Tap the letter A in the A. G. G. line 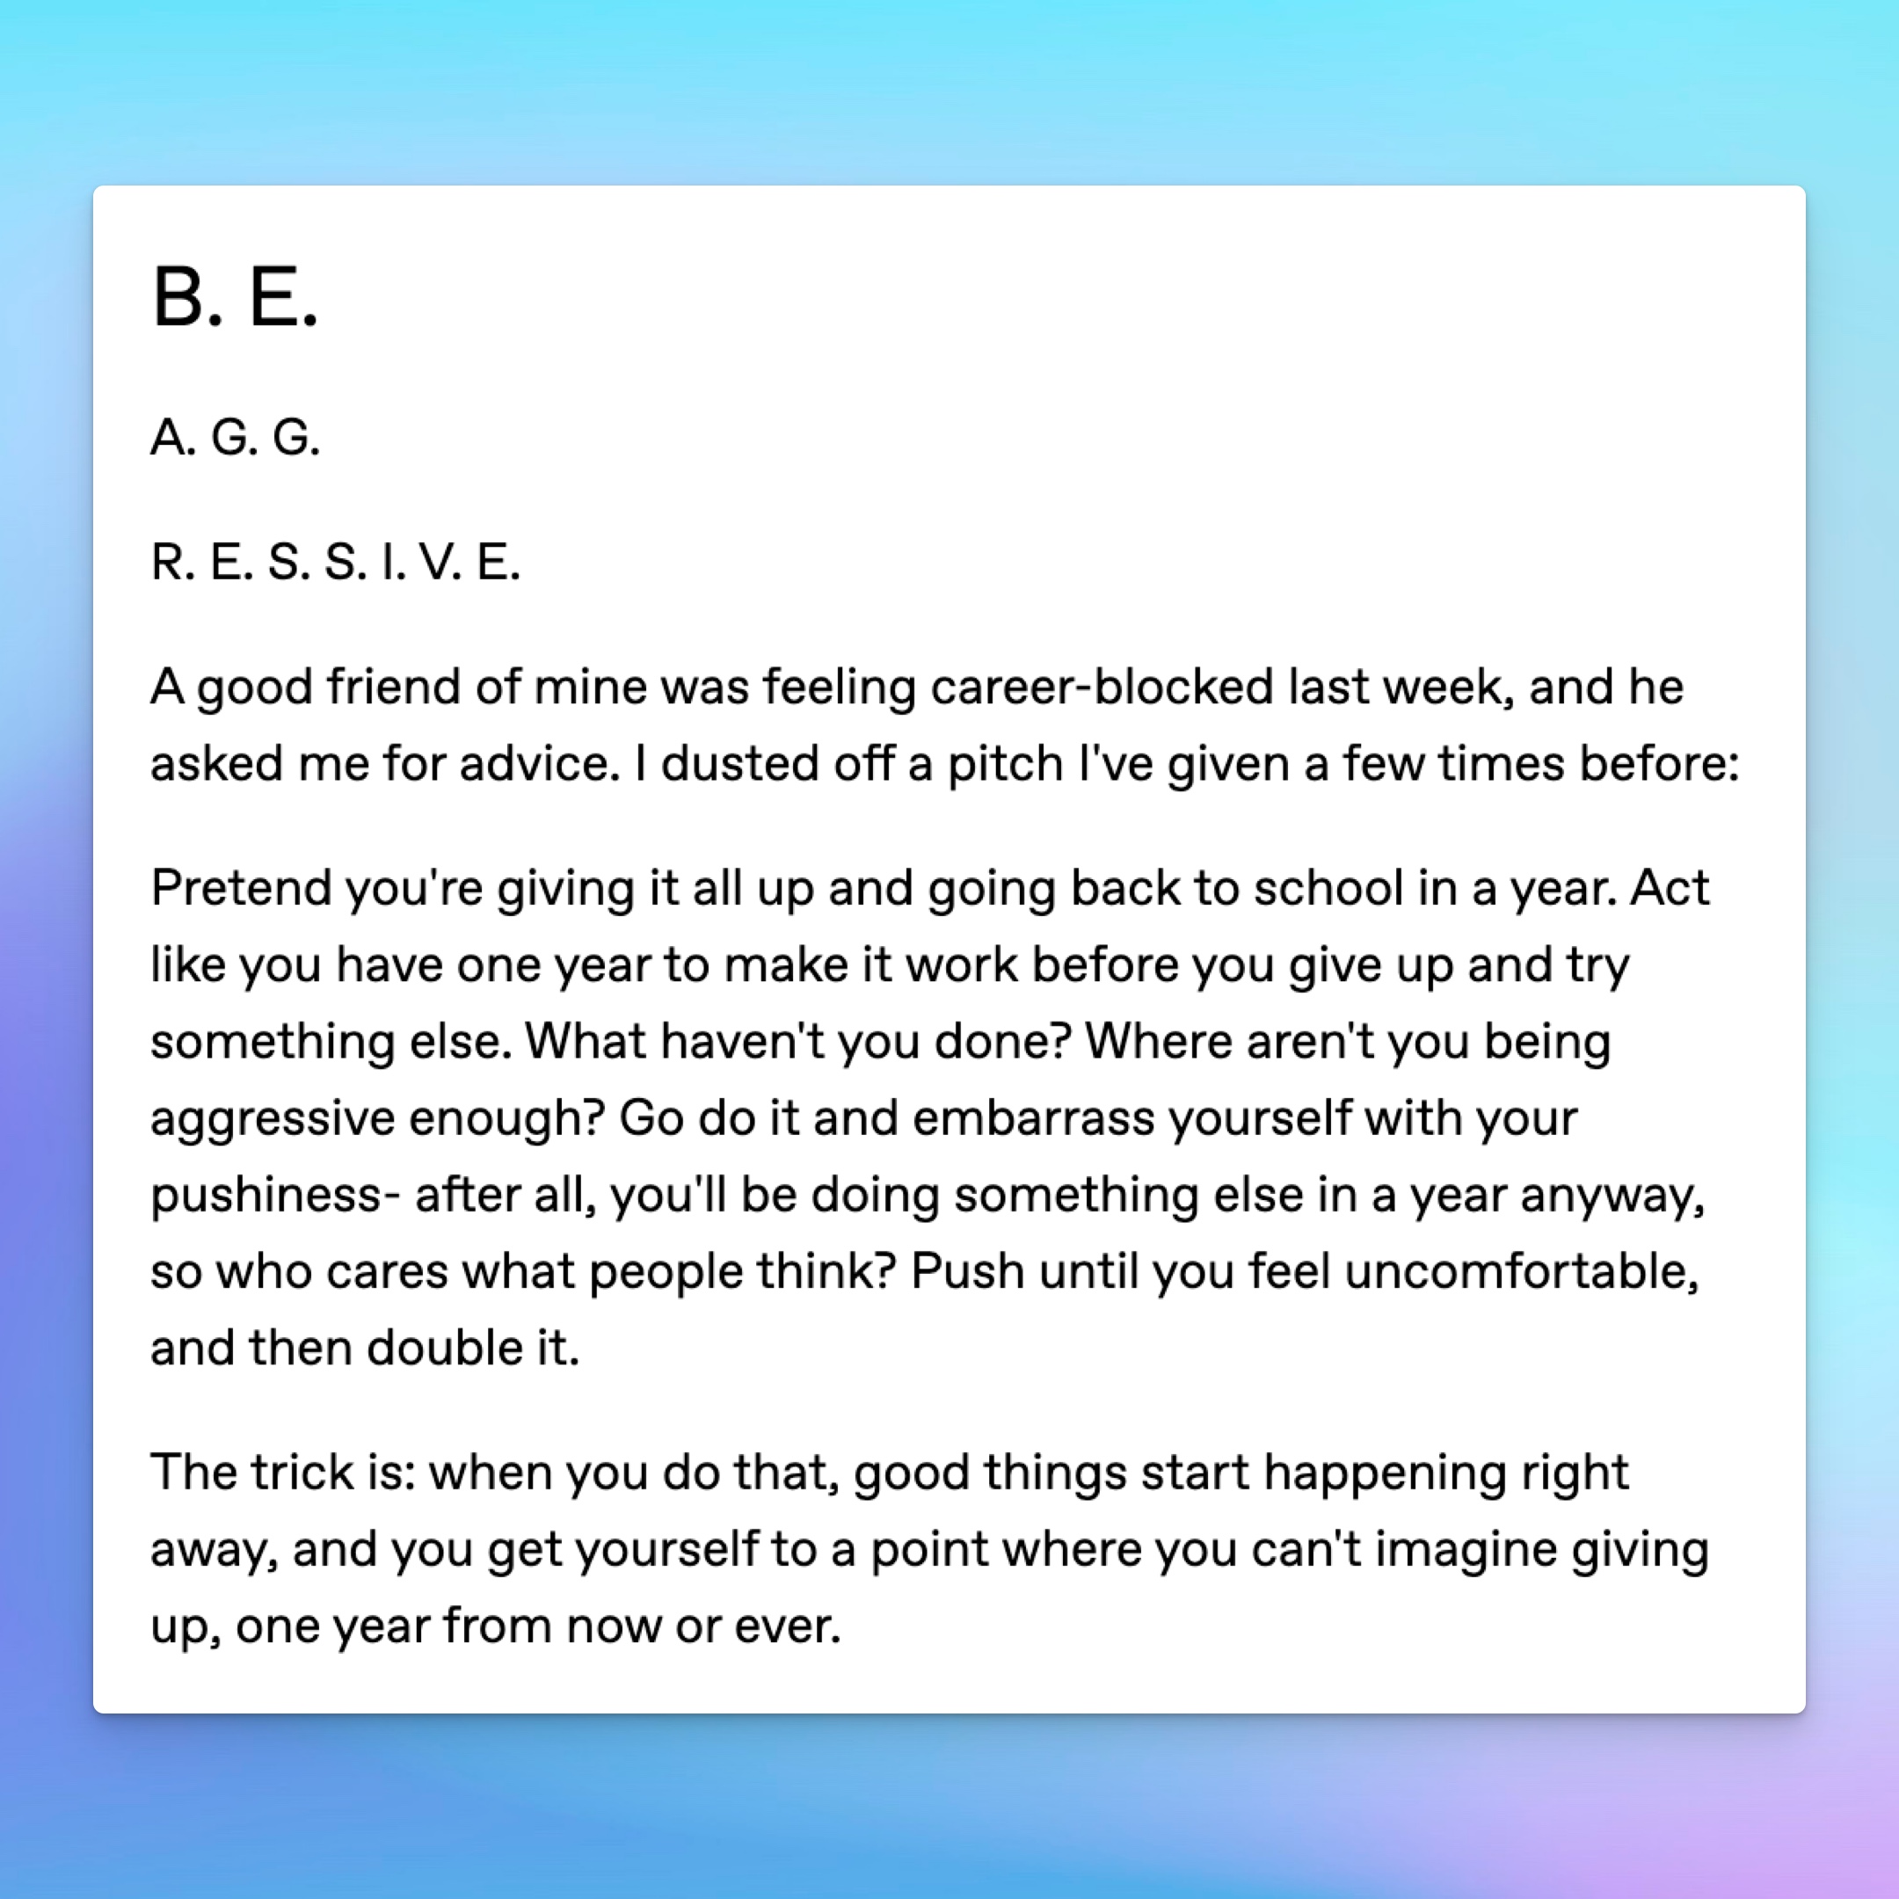pos(168,438)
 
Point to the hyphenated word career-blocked pos(1102,687)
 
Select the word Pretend pos(240,889)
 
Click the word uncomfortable pos(1521,1272)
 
